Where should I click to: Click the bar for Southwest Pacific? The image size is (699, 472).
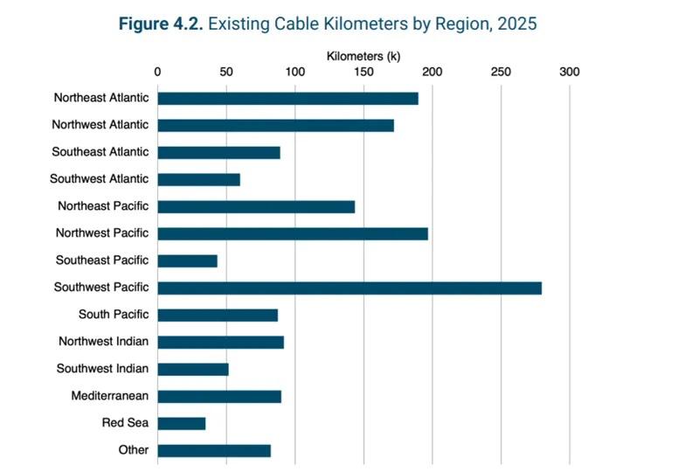349,288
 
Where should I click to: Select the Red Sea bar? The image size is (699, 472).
182,423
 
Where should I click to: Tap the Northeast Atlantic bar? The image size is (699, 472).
287,98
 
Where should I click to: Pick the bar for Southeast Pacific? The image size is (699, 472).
187,260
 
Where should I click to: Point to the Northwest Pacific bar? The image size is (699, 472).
293,233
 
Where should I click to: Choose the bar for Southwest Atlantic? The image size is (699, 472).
198,179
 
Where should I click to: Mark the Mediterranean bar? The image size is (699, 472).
219,396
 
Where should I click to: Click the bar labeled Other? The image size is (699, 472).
214,450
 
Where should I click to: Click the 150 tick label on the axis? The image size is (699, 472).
363,72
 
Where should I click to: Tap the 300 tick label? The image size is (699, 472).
570,72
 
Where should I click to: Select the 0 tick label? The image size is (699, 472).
157,72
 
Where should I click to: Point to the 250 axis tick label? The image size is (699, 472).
501,72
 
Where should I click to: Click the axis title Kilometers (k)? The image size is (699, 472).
363,56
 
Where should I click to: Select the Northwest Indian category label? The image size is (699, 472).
103,341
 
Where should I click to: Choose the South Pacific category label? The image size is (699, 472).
113,314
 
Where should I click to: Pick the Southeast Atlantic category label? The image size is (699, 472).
100,151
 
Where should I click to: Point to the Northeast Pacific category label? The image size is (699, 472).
103,206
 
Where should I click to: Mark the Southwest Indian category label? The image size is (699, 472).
102,368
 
